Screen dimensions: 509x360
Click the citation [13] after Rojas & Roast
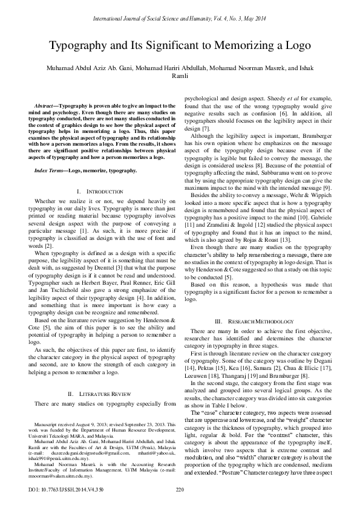pyautogui.click(x=273, y=222)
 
